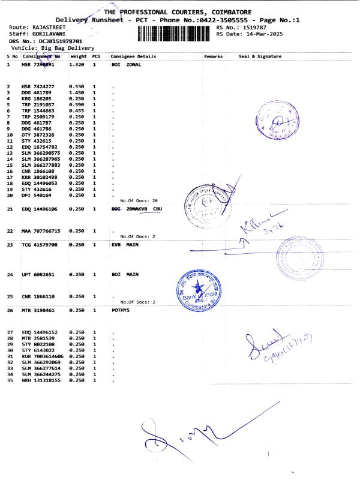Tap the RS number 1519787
pos(256,28)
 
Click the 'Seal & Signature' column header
pos(260,56)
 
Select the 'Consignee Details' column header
pos(133,56)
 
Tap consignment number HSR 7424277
pos(38,87)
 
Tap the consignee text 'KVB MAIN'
pos(125,245)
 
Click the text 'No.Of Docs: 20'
pos(139,200)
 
